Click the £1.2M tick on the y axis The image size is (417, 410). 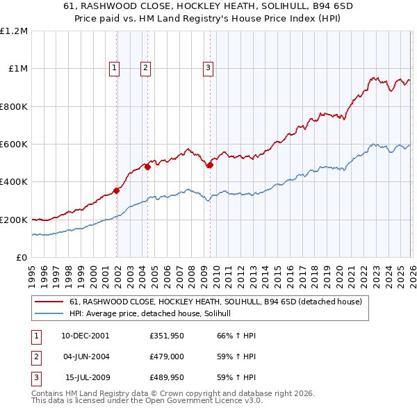pyautogui.click(x=14, y=31)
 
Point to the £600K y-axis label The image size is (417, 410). pyautogui.click(x=14, y=145)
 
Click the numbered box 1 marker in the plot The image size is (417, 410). pyautogui.click(x=114, y=67)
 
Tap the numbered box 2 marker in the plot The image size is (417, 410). pyautogui.click(x=145, y=67)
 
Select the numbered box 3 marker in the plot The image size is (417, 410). pyautogui.click(x=208, y=67)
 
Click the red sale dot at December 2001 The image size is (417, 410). pyautogui.click(x=117, y=191)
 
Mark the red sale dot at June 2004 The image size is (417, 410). pyautogui.click(x=147, y=167)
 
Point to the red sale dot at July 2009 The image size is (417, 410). pyautogui.click(x=210, y=165)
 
